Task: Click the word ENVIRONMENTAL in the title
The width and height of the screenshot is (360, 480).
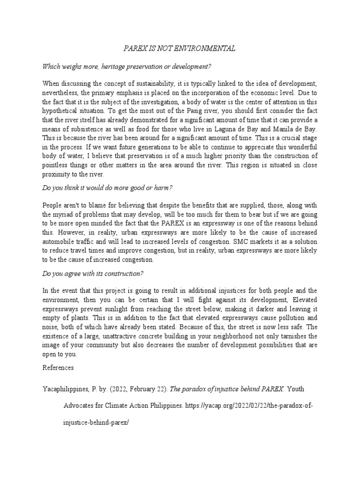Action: point(207,48)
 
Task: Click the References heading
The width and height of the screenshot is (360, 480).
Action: point(58,368)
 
